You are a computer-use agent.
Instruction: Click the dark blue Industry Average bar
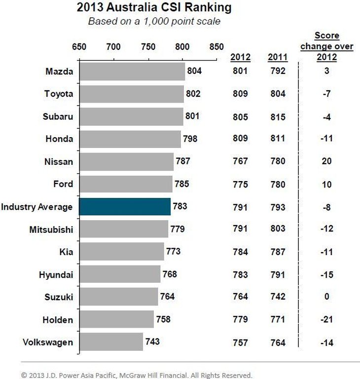point(125,207)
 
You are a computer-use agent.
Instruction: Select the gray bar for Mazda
point(132,72)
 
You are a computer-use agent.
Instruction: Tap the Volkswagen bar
point(111,342)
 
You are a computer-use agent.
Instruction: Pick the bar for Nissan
point(126,161)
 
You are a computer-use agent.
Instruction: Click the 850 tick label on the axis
point(216,47)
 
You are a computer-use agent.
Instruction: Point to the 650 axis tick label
point(79,47)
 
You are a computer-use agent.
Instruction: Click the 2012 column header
point(240,57)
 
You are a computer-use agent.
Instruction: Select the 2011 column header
point(277,57)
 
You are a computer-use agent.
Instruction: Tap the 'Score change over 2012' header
point(326,46)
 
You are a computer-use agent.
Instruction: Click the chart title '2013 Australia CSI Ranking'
point(154,8)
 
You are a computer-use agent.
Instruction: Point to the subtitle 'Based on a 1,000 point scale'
point(154,21)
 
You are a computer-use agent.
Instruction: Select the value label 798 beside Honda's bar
point(190,139)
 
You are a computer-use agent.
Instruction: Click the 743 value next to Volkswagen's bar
point(152,341)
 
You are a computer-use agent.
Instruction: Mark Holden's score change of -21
point(326,319)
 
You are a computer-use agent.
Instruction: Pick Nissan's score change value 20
point(326,161)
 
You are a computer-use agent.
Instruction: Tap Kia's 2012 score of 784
point(240,252)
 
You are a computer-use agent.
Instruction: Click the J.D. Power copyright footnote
point(137,375)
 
